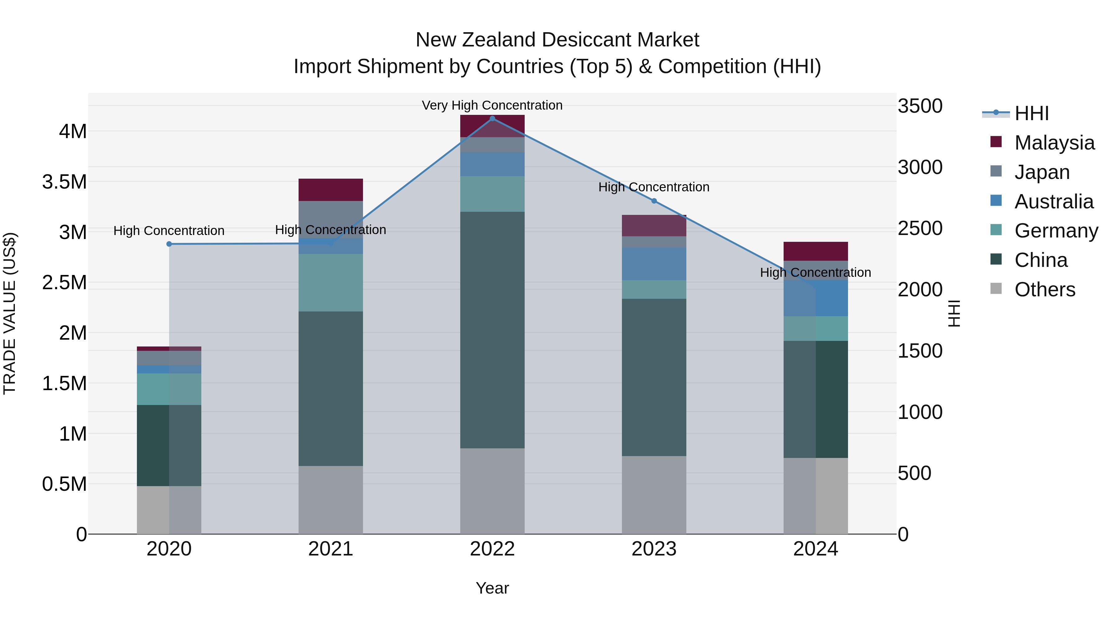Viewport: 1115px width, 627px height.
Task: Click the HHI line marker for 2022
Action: coord(492,119)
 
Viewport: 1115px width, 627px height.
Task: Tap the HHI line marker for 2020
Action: coord(169,244)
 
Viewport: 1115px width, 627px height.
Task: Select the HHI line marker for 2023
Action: coord(654,201)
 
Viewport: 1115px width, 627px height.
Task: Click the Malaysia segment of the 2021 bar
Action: coord(331,189)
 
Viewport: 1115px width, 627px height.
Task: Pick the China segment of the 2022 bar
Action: coord(492,330)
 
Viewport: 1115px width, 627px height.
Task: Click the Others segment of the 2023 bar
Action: coord(654,494)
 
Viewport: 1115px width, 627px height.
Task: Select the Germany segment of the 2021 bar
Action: coord(331,283)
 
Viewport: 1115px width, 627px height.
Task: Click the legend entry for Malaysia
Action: coord(1054,142)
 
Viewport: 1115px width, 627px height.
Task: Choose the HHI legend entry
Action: coord(1031,113)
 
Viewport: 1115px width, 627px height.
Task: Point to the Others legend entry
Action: coord(1044,289)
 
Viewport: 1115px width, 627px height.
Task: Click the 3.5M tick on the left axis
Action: coord(64,182)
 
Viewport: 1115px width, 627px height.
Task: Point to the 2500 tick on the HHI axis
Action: coord(920,228)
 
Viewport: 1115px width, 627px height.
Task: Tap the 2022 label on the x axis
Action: coord(492,549)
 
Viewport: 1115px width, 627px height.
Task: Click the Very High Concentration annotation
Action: coord(492,105)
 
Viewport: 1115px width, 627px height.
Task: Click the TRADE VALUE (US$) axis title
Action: coord(10,313)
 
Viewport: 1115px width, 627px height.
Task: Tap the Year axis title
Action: coord(492,588)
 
